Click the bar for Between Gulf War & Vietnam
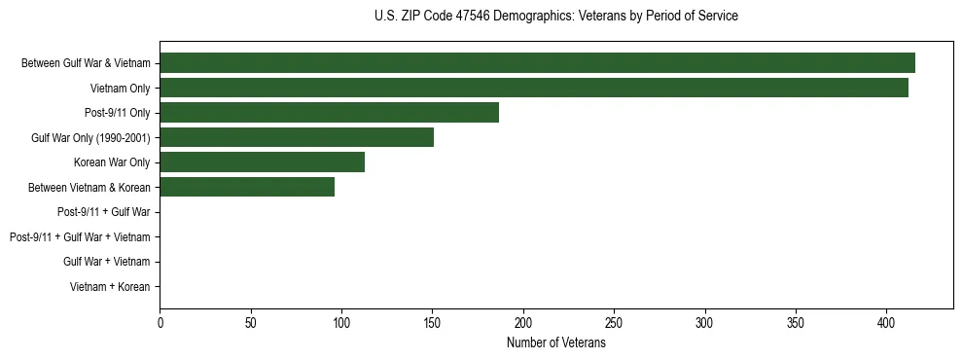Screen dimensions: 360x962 [x=537, y=63]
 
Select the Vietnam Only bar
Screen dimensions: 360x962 [x=534, y=88]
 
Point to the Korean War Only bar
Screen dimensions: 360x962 [x=262, y=162]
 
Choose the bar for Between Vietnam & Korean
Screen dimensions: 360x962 [x=247, y=187]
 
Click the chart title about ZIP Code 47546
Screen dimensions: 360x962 [x=555, y=17]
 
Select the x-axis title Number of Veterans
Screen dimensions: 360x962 [x=555, y=343]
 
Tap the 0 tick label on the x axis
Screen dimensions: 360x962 [x=160, y=323]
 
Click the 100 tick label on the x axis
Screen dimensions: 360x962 [x=341, y=323]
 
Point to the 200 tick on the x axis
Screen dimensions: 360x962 [x=523, y=323]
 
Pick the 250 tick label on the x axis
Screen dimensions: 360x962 [x=614, y=323]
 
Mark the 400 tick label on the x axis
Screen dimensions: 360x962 [x=886, y=323]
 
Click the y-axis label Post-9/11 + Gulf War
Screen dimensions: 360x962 [x=104, y=212]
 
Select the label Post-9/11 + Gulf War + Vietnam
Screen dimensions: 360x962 [x=80, y=236]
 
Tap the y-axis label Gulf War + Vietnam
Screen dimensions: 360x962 [x=107, y=262]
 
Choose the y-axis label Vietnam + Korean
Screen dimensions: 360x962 [x=110, y=286]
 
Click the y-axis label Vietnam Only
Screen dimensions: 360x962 [x=121, y=88]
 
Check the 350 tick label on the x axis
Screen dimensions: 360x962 [x=796, y=323]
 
